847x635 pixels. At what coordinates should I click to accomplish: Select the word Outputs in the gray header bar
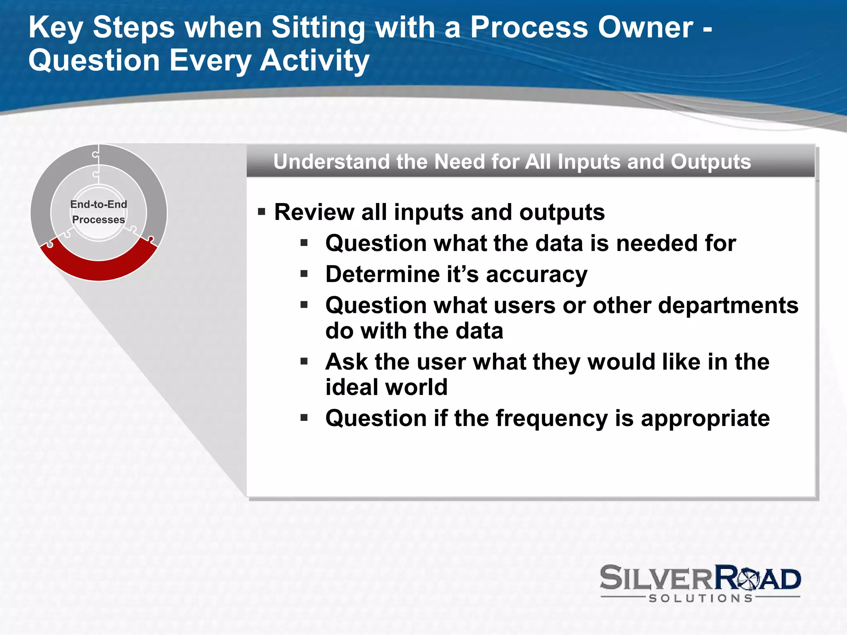710,162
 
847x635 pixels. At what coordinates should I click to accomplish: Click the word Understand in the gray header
331,162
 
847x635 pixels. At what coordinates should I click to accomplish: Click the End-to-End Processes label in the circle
98,212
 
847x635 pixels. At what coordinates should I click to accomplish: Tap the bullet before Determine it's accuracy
304,274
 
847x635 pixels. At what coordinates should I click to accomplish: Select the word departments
728,306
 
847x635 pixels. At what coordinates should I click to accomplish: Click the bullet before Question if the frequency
304,418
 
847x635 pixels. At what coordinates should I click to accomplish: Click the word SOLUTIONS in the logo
700,598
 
